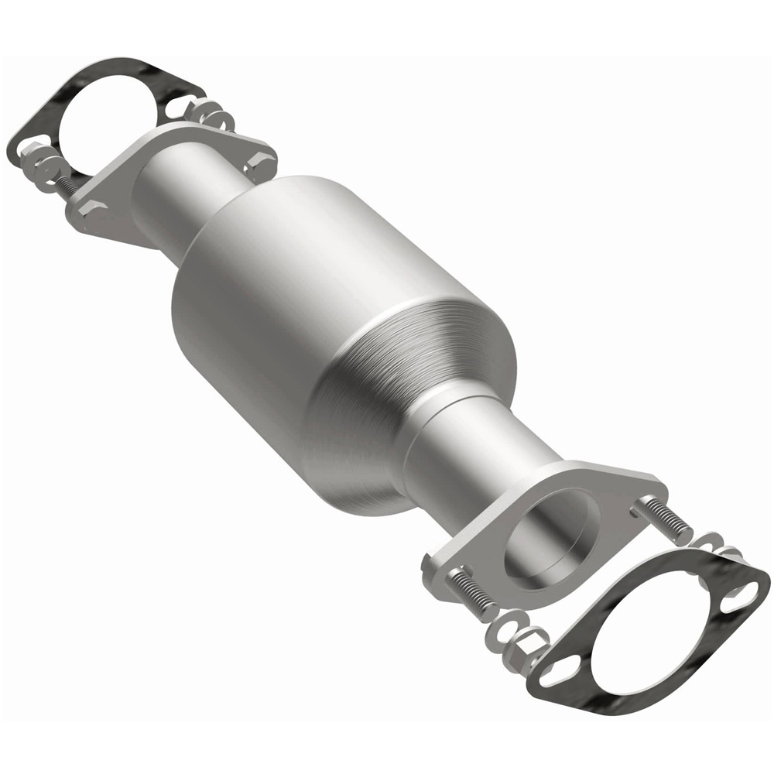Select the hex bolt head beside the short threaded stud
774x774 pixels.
(x=91, y=210)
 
